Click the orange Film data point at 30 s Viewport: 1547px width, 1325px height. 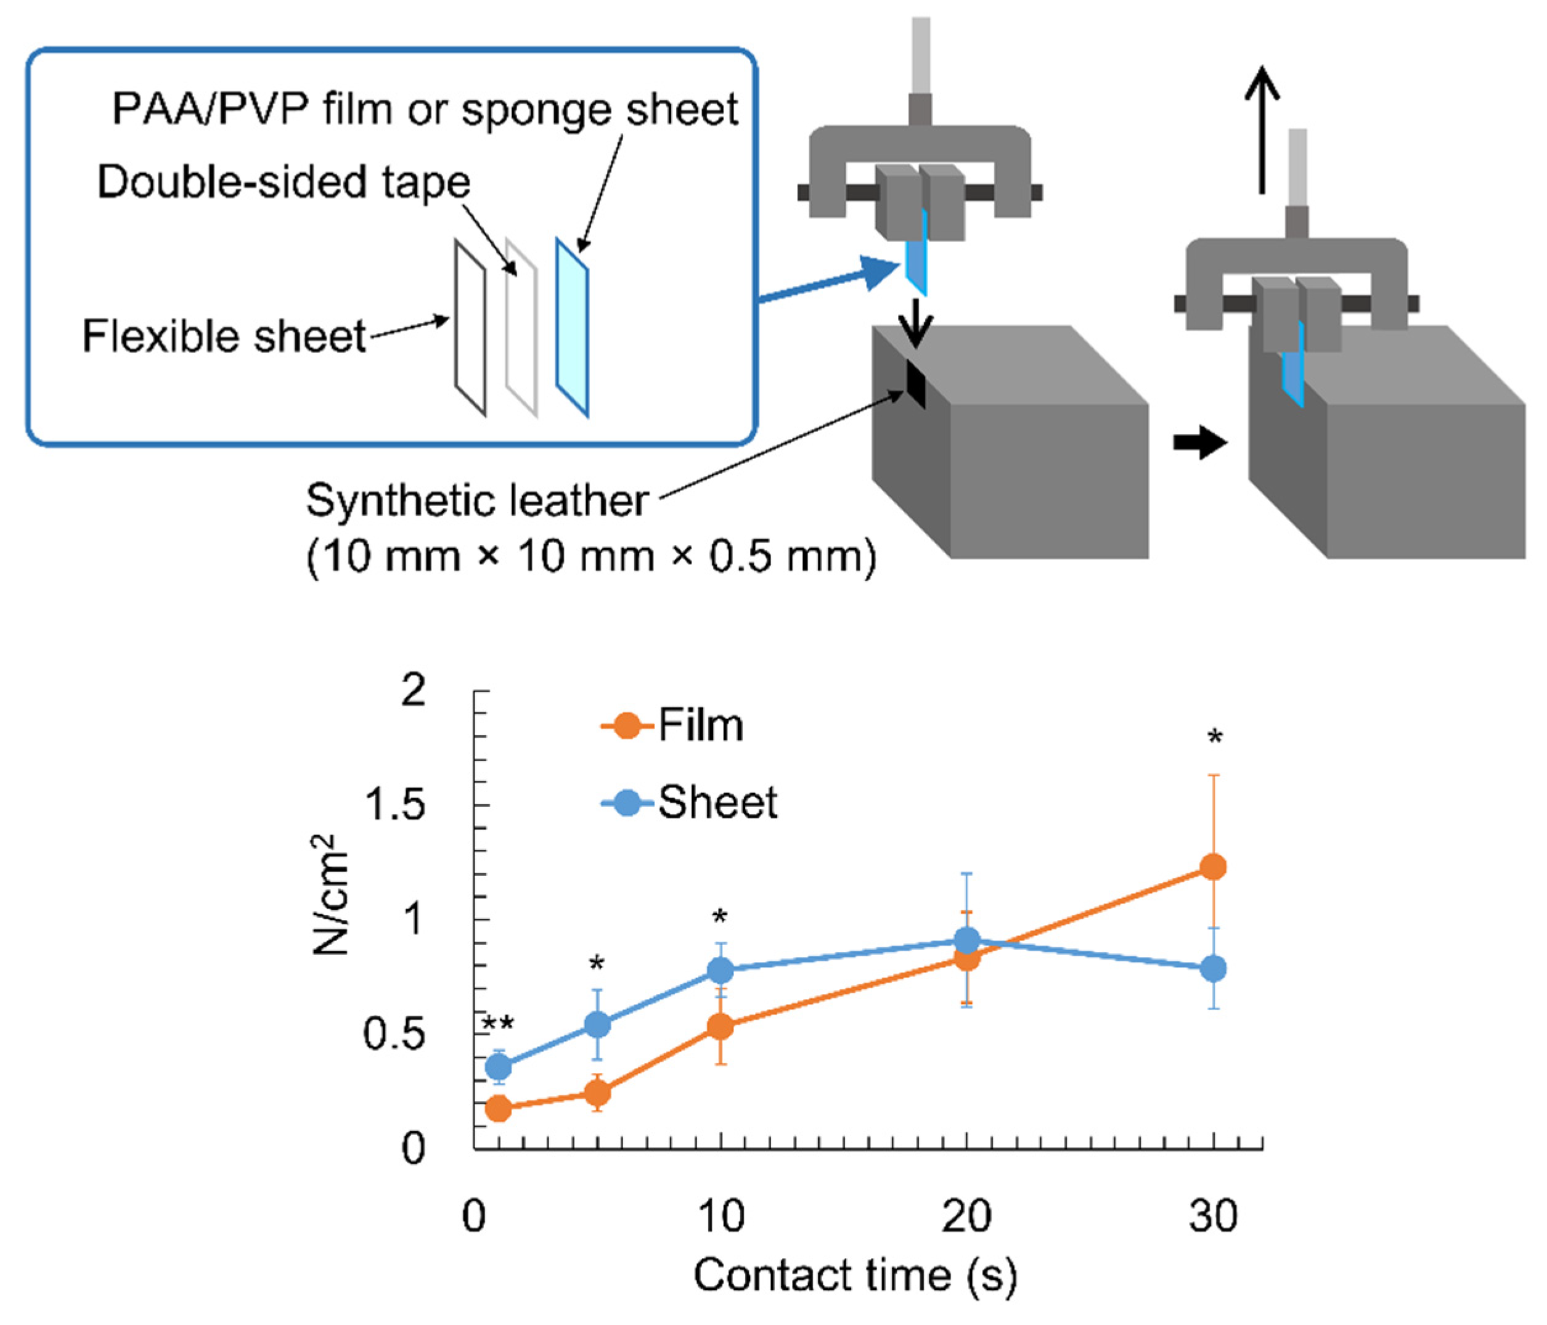click(1214, 866)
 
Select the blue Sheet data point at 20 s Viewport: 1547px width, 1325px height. click(967, 940)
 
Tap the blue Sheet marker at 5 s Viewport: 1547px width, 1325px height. click(597, 1025)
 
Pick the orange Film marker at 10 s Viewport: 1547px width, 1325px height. click(720, 1027)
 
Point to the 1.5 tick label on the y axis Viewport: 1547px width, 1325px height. click(394, 805)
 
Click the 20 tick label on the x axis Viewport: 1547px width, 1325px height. click(966, 1216)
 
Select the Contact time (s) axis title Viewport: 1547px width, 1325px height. click(855, 1276)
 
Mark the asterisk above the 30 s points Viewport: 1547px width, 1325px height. click(1215, 738)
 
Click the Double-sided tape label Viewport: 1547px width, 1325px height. click(284, 181)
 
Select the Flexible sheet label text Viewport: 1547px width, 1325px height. click(224, 336)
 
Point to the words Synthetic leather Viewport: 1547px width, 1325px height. click(477, 500)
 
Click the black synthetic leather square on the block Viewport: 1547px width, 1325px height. click(915, 384)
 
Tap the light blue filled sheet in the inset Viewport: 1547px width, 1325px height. click(572, 327)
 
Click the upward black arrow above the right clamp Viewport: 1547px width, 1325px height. click(1262, 131)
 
